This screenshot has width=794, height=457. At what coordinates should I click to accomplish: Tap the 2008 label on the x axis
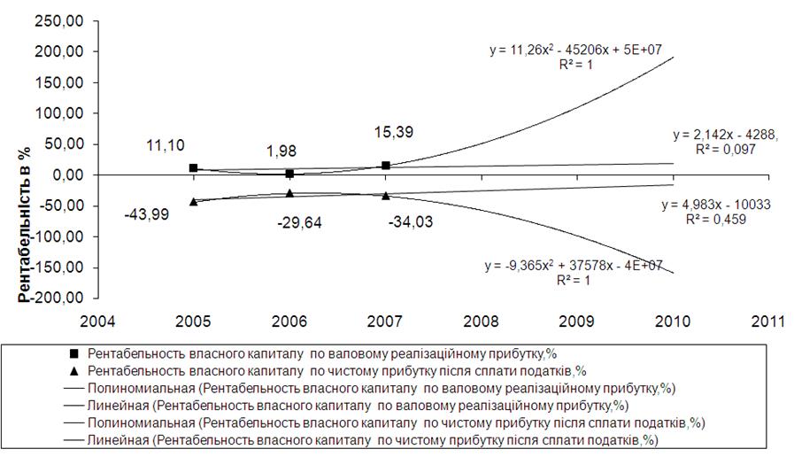(480, 321)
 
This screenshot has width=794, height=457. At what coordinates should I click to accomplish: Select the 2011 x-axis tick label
(767, 321)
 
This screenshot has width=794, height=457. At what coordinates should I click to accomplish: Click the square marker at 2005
(194, 168)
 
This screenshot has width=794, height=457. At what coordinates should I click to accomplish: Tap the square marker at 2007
(385, 166)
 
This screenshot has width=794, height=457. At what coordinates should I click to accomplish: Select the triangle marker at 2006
(289, 192)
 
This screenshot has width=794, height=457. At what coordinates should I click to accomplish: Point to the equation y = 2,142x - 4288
(725, 136)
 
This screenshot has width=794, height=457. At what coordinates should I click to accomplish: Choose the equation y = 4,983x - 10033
(716, 205)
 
